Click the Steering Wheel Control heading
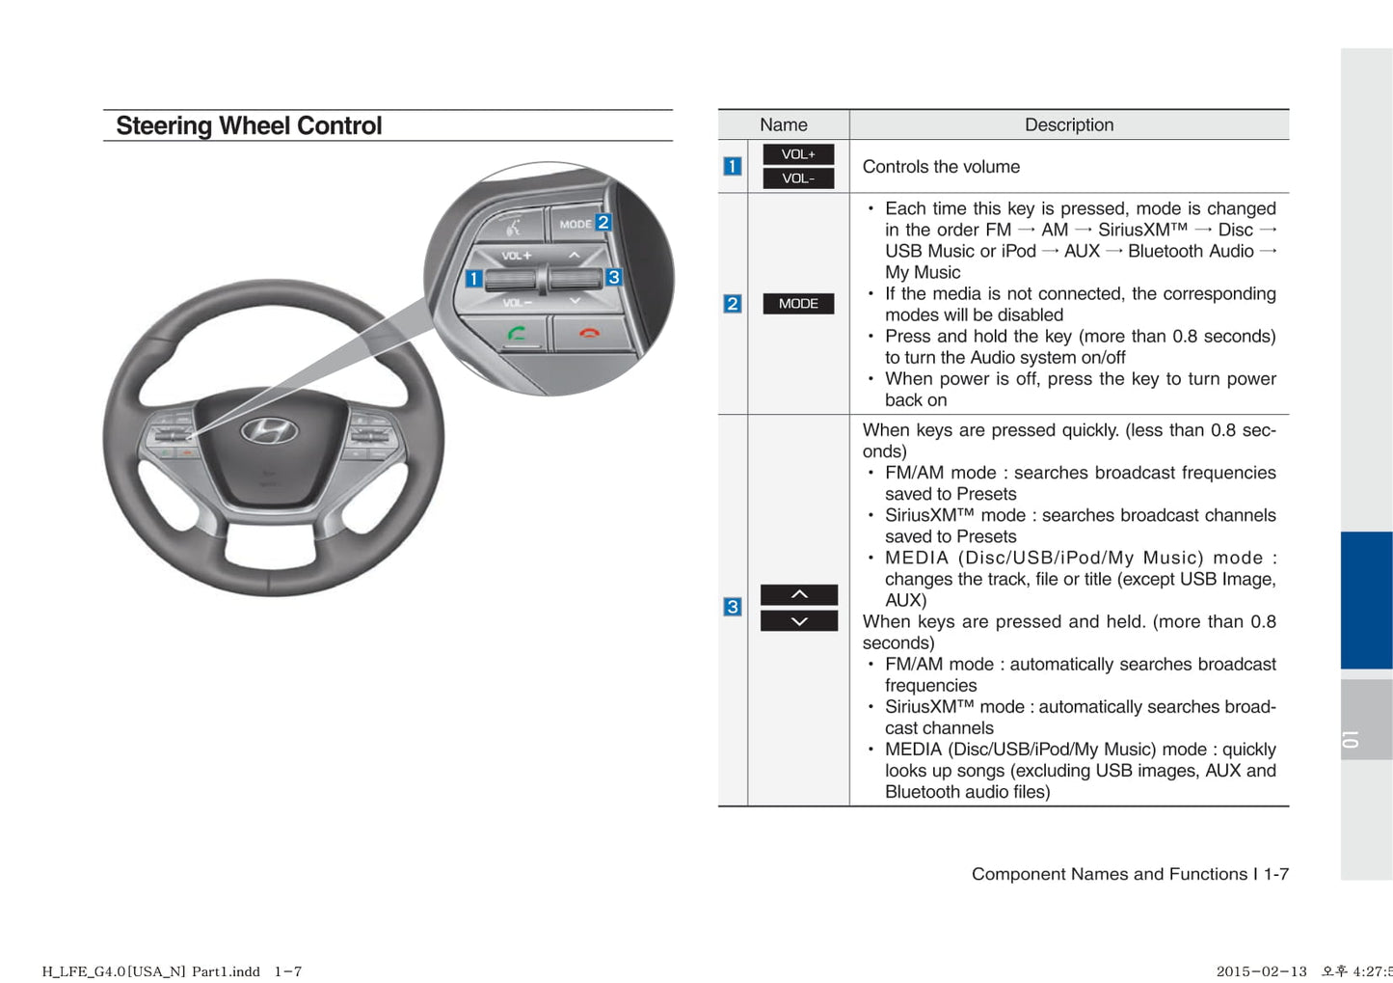click(x=249, y=126)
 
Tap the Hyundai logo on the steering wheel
click(x=269, y=430)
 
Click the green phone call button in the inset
click(x=517, y=334)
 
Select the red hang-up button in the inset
click(x=589, y=333)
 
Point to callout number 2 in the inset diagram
click(x=603, y=222)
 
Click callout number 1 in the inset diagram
click(x=473, y=279)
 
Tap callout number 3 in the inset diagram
click(x=613, y=277)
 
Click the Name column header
click(x=783, y=125)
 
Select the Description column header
click(x=1068, y=125)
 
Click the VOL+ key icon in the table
click(x=798, y=154)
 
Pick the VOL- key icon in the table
click(x=798, y=178)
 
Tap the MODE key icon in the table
click(x=798, y=304)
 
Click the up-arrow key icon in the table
click(x=799, y=594)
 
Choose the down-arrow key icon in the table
click(x=799, y=621)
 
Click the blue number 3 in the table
click(x=733, y=607)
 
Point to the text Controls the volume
click(x=941, y=167)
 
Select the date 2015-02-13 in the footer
click(x=1261, y=971)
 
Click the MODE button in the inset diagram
click(x=575, y=224)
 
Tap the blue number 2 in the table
click(x=733, y=304)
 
